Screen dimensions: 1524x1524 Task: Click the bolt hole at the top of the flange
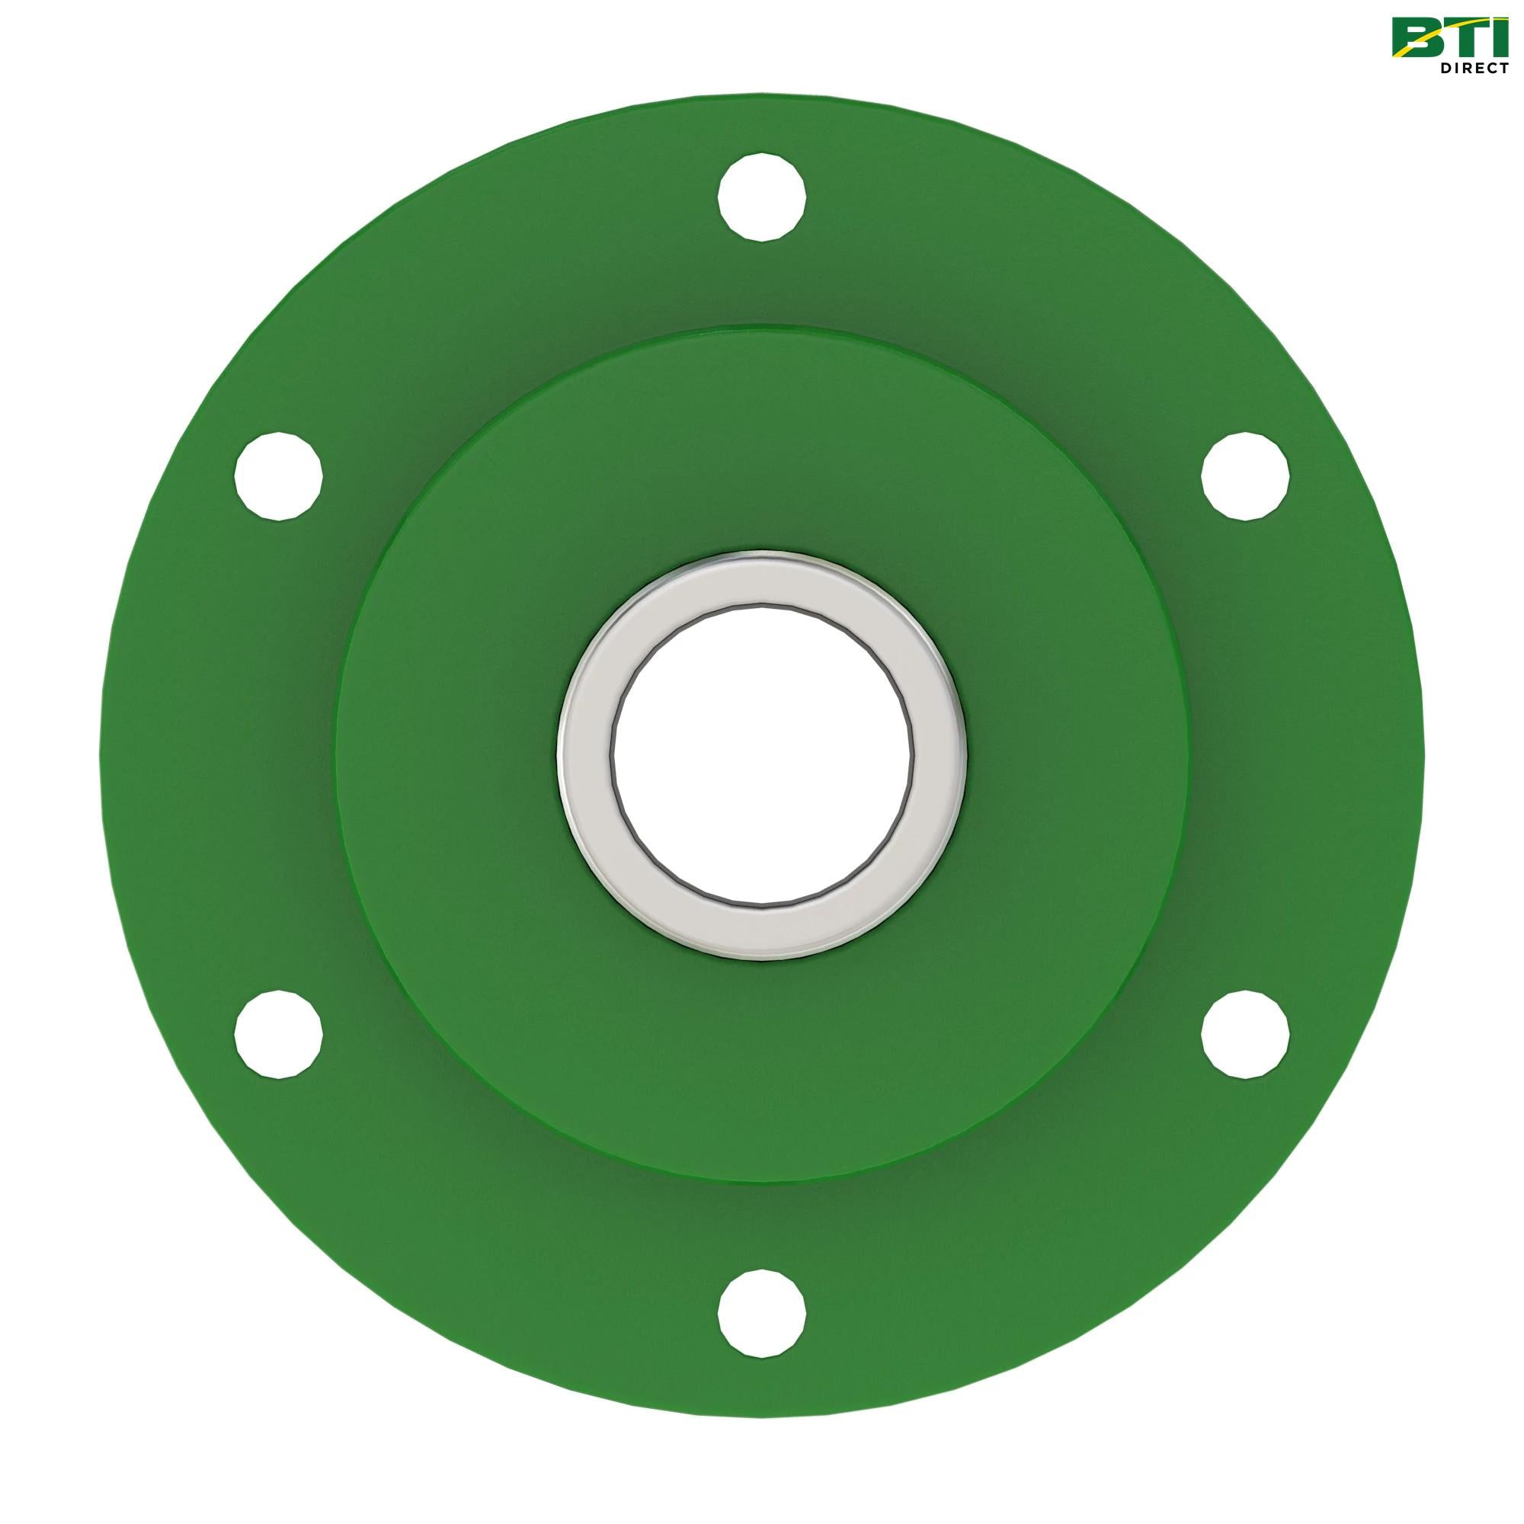point(762,198)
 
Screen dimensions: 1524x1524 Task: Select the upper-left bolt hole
point(279,476)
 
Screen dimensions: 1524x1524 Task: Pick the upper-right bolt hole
point(1246,476)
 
